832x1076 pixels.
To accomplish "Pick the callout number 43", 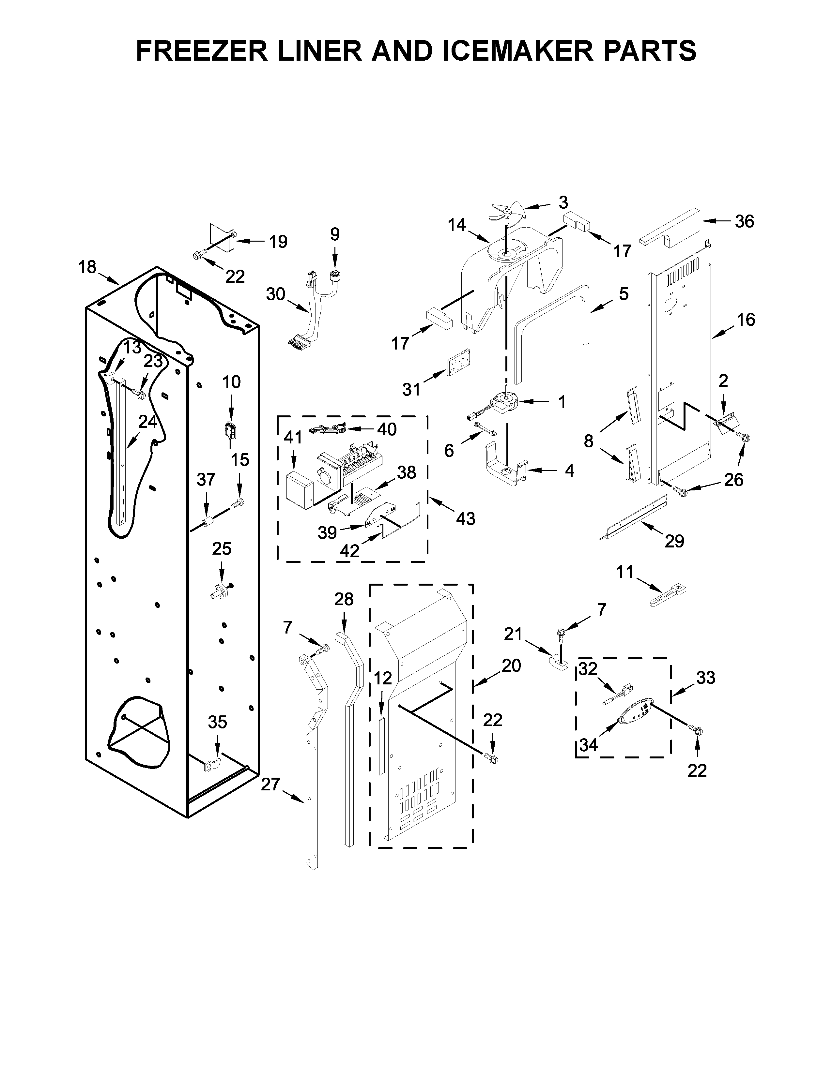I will click(x=465, y=518).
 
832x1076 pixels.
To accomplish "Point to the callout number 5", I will click(x=624, y=294).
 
